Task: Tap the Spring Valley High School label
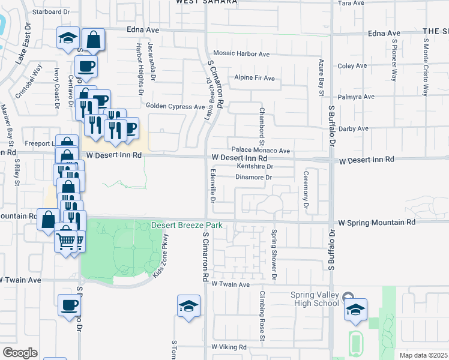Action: [x=315, y=299]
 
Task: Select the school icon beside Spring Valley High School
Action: [x=355, y=309]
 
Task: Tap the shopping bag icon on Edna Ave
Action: [x=93, y=40]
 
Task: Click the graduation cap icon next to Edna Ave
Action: [x=68, y=38]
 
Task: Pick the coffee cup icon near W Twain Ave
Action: [x=69, y=305]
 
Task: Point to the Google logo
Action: [x=20, y=353]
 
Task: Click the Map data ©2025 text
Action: [x=423, y=355]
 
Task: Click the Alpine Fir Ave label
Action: [x=254, y=78]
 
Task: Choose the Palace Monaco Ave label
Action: [x=261, y=151]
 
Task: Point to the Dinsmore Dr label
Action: [x=254, y=178]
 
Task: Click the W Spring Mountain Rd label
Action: [x=377, y=222]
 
